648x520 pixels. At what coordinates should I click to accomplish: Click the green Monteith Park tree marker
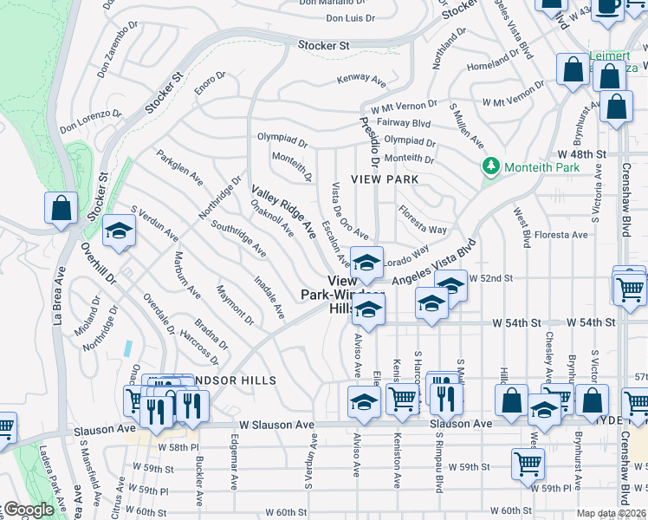(492, 166)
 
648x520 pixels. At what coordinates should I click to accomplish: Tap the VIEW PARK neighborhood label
(385, 179)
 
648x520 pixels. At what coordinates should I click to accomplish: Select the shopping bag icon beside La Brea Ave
(61, 209)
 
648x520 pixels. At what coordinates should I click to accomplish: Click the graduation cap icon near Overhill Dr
(120, 231)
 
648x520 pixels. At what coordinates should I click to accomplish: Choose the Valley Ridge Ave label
(283, 211)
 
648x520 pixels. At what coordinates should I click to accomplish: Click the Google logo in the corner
(28, 509)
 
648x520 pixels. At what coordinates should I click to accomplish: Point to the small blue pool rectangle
(128, 348)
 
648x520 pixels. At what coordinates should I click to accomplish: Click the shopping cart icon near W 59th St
(527, 464)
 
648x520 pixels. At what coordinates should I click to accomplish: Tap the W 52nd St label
(491, 277)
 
